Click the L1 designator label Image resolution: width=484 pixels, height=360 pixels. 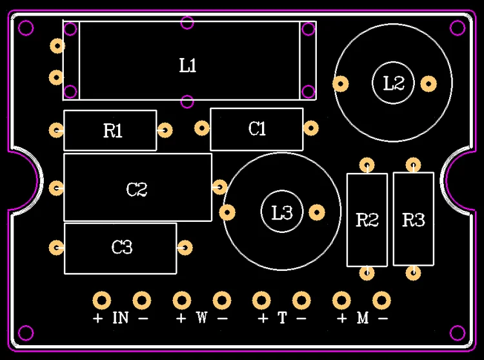pyautogui.click(x=188, y=65)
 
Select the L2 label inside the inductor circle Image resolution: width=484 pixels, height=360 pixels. pyautogui.click(x=393, y=83)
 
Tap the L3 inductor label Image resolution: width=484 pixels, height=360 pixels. pyautogui.click(x=282, y=212)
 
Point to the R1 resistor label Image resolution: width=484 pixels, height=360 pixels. pyautogui.click(x=112, y=130)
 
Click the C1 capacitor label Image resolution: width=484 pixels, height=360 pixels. pyautogui.click(x=257, y=128)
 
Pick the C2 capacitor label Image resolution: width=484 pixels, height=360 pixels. pyautogui.click(x=137, y=190)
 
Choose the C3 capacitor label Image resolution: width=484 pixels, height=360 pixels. pyautogui.click(x=122, y=247)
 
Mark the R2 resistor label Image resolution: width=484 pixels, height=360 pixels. pyautogui.click(x=367, y=220)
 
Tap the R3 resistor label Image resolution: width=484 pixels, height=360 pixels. pyautogui.click(x=413, y=220)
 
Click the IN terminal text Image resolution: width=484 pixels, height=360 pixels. pyautogui.click(x=121, y=317)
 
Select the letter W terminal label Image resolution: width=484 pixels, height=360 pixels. pyautogui.click(x=201, y=317)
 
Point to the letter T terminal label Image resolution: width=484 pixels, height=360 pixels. pyautogui.click(x=282, y=317)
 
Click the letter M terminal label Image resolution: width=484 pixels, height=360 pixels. pyautogui.click(x=363, y=317)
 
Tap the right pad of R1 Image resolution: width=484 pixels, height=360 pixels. pyautogui.click(x=165, y=130)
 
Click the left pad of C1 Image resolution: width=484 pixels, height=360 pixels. pyautogui.click(x=202, y=128)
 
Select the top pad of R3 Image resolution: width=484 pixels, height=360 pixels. pyautogui.click(x=413, y=165)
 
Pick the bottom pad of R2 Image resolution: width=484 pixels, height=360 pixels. pyautogui.click(x=367, y=273)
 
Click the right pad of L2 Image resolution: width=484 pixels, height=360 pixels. pyautogui.click(x=429, y=84)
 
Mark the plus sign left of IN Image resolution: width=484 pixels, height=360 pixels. pyautogui.click(x=98, y=317)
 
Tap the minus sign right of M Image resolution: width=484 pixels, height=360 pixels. pyautogui.click(x=383, y=318)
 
